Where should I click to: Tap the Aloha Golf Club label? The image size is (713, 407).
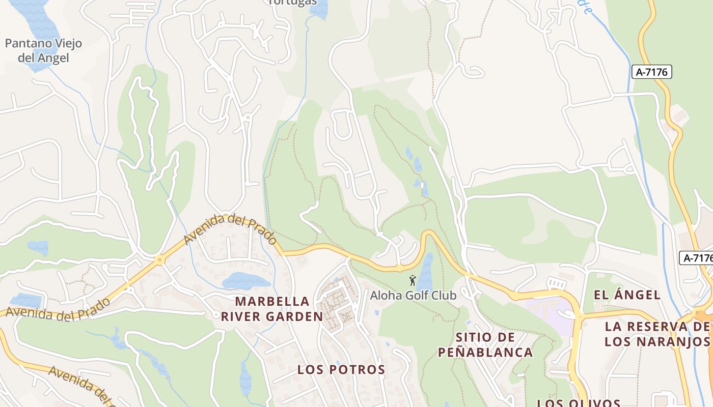click(x=413, y=295)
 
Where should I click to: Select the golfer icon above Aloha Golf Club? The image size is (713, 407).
click(x=413, y=280)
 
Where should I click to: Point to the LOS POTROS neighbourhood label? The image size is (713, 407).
click(x=341, y=369)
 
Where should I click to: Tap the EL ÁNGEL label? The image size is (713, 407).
click(x=627, y=295)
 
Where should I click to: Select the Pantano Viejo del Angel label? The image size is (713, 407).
click(x=43, y=51)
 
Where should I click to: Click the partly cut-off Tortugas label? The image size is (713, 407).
click(x=292, y=2)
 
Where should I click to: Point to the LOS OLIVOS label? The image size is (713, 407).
click(x=578, y=403)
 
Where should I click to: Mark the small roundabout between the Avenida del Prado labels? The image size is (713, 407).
click(x=160, y=260)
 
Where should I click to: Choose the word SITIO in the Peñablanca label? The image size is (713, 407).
click(x=474, y=337)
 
